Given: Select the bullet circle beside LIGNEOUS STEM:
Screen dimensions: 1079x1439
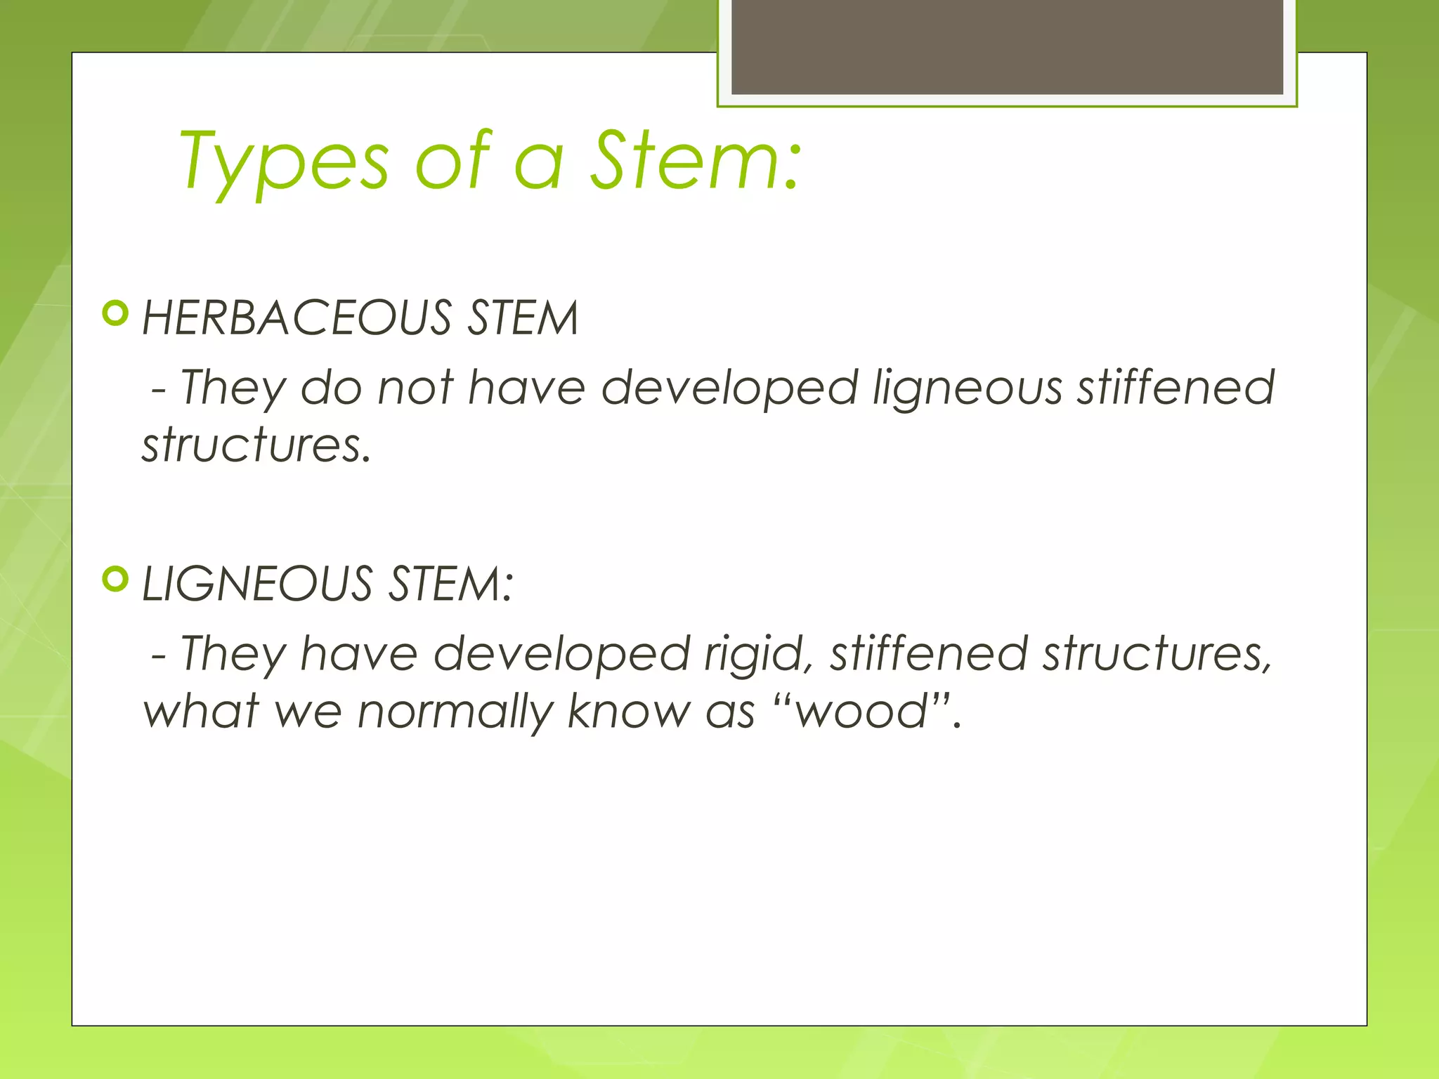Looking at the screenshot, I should click(x=115, y=579).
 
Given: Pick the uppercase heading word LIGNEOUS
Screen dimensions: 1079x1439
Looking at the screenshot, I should click(x=257, y=584).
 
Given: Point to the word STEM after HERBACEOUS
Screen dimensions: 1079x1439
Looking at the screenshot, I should click(x=523, y=318).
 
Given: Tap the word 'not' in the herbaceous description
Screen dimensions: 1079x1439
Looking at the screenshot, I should click(x=415, y=388).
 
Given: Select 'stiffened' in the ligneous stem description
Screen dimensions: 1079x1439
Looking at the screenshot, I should click(x=929, y=654).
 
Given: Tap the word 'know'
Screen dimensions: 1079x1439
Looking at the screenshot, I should click(x=629, y=711).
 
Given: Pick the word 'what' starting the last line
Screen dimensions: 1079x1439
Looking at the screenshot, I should click(x=202, y=711).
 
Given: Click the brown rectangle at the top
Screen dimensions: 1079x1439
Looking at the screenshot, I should click(x=1007, y=46).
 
